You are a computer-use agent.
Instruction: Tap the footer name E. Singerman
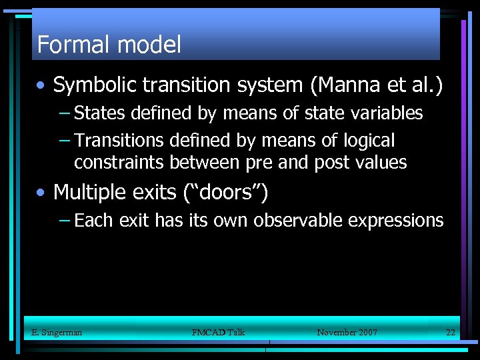(57, 332)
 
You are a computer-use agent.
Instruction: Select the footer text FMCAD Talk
(218, 332)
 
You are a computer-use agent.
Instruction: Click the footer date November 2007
(347, 332)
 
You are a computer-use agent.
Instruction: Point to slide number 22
(451, 332)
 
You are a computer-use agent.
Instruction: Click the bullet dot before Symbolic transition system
(42, 86)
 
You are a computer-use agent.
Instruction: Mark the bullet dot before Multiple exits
(42, 193)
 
